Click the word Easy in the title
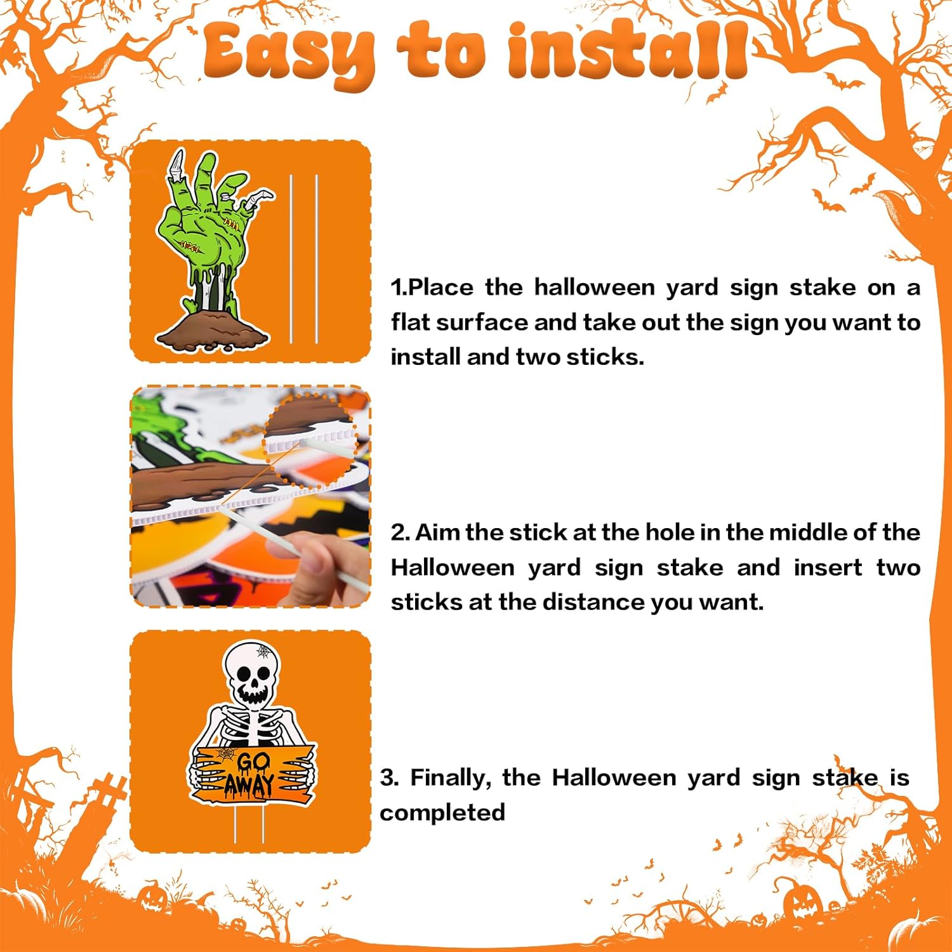[289, 54]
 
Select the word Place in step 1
[441, 288]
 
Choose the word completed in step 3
[442, 812]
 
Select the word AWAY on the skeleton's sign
[249, 784]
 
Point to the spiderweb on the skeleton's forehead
[263, 651]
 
